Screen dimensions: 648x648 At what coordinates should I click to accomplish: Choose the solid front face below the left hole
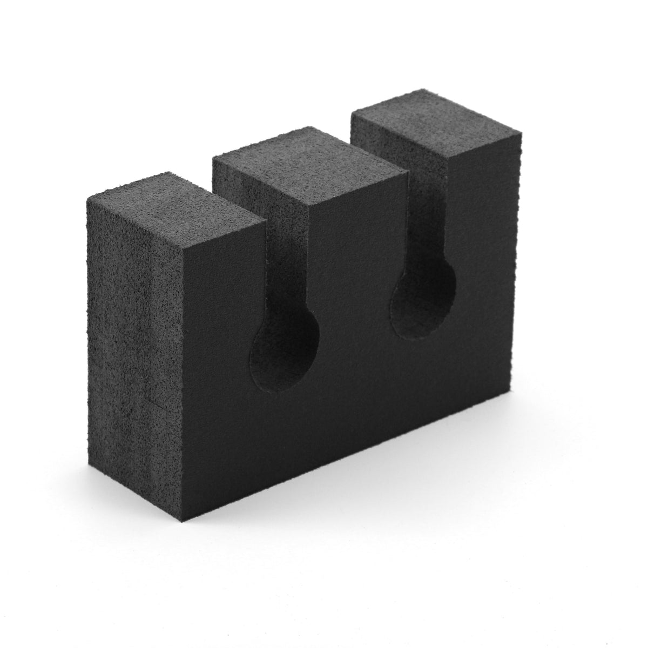[x=281, y=432]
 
